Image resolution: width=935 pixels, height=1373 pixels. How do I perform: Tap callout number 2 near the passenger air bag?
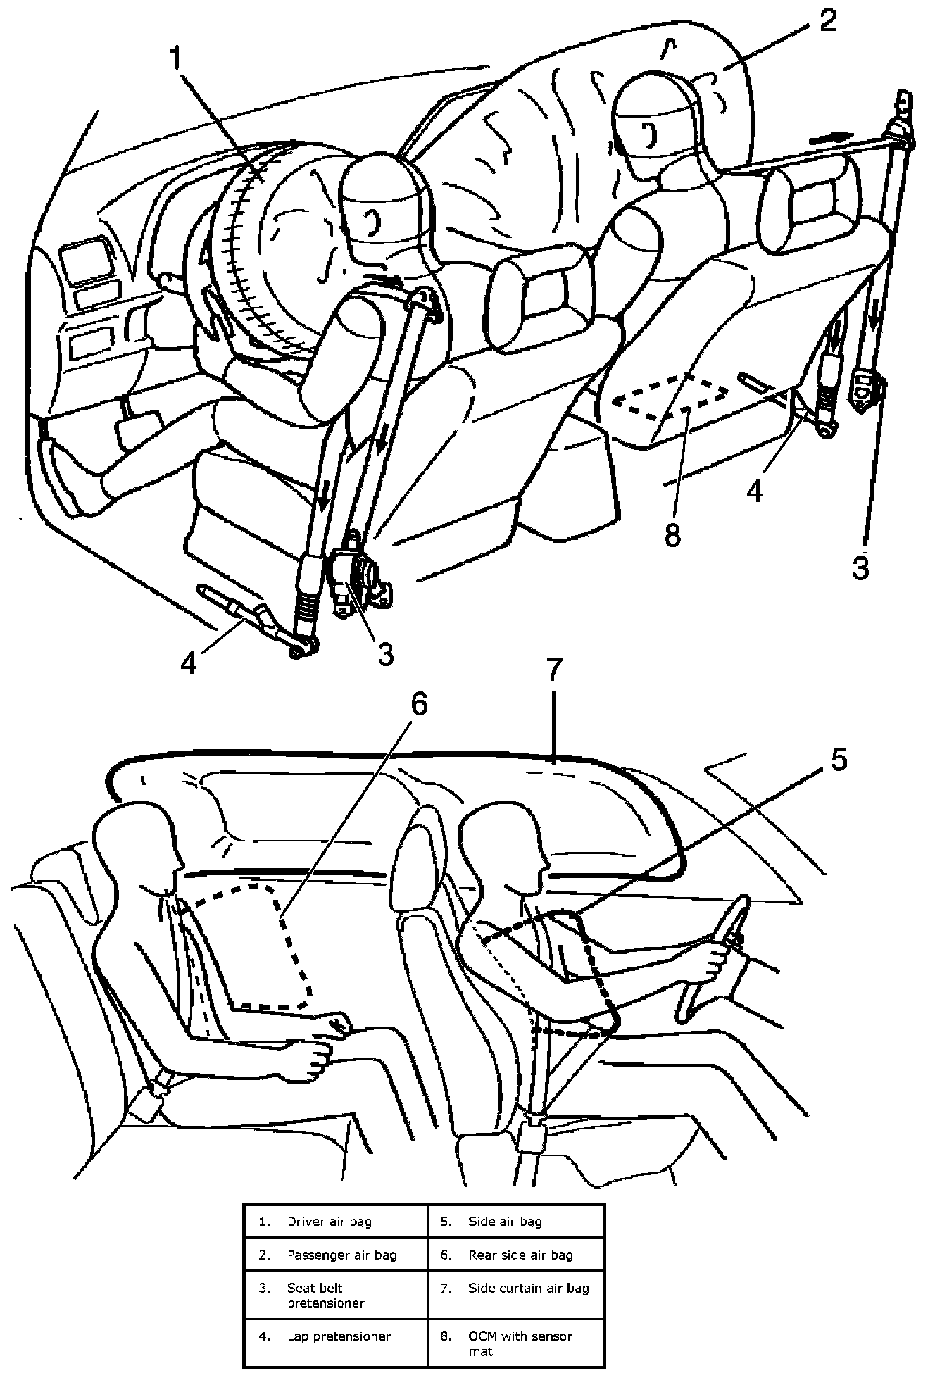tap(827, 21)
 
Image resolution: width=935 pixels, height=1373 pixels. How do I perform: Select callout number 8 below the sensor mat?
tap(672, 534)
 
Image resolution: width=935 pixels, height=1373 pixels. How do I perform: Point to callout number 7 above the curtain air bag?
tap(554, 671)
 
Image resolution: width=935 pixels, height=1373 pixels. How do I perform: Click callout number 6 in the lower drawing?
tap(419, 704)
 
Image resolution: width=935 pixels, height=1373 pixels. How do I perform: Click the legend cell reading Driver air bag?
tap(329, 1221)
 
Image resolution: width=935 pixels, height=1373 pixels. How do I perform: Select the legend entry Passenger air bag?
tap(341, 1255)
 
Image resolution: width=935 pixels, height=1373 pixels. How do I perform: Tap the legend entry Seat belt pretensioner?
tap(325, 1295)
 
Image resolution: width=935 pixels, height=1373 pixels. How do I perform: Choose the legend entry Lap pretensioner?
tap(338, 1336)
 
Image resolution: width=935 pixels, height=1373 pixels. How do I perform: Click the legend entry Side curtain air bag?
tap(528, 1288)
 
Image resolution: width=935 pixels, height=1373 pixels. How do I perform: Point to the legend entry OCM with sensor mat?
tap(520, 1342)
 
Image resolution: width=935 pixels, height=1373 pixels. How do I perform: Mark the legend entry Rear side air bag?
tap(520, 1255)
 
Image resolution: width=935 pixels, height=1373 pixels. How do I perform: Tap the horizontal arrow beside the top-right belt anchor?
tap(831, 139)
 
